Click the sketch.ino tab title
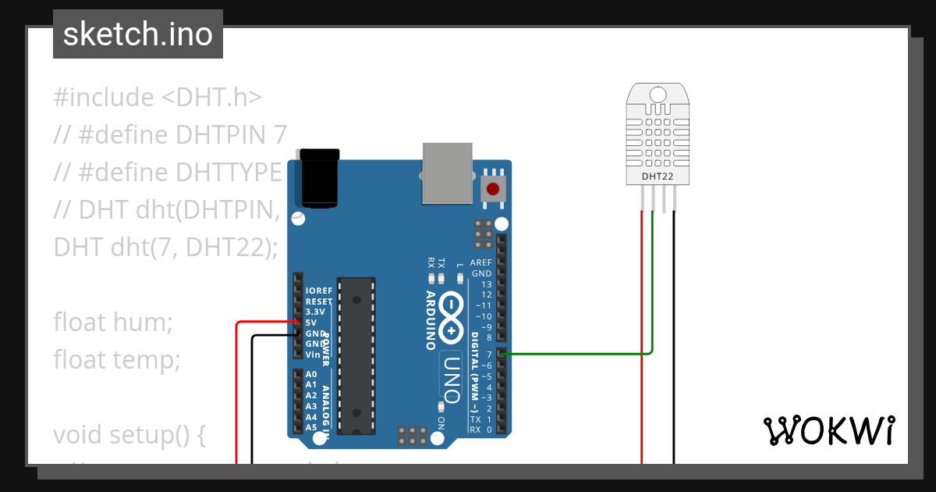click(138, 34)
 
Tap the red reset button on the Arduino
click(492, 188)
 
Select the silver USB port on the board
click(447, 173)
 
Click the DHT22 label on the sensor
click(657, 176)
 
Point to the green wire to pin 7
click(577, 354)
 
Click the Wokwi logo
click(828, 430)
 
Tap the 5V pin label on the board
click(311, 323)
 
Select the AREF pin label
click(480, 263)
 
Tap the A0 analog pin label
click(311, 374)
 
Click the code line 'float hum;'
click(112, 322)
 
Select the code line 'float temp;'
click(117, 360)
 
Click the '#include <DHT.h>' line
click(158, 98)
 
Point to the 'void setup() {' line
click(129, 434)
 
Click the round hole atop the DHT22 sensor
click(658, 94)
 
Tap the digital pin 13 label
click(487, 284)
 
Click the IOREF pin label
click(319, 291)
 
